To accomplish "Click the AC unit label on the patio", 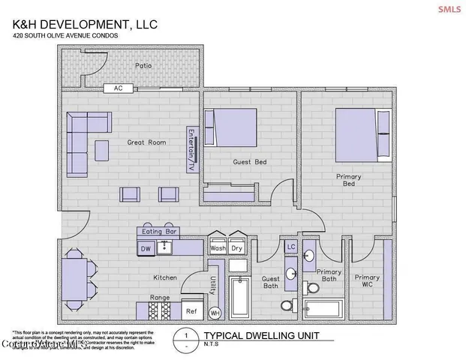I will point(117,88).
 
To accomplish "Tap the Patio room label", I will point(143,66).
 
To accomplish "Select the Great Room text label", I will point(146,142).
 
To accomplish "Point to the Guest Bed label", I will point(251,162).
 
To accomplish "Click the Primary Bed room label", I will point(348,180).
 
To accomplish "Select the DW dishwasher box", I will point(146,248).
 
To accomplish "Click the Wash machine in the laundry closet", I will point(218,247).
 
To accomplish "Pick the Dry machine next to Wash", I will point(236,247).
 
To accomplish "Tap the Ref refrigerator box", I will point(191,310).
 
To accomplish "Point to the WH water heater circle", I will point(215,313).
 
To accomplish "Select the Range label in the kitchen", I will point(161,298).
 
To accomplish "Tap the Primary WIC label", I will point(367,281).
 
